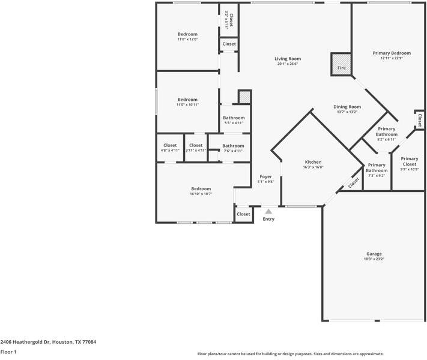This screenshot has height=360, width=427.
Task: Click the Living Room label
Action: [x=286, y=59]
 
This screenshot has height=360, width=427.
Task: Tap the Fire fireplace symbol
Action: [x=341, y=64]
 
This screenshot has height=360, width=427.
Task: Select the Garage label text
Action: [x=374, y=254]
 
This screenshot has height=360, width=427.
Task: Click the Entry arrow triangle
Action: [x=268, y=211]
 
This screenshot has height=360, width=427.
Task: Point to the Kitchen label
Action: [x=313, y=162]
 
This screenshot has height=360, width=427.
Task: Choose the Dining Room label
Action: [x=347, y=107]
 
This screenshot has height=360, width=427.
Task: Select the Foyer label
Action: [x=265, y=177]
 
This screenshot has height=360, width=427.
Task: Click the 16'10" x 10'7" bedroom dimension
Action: [x=201, y=194]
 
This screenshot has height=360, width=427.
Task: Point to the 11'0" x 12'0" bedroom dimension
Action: [x=187, y=40]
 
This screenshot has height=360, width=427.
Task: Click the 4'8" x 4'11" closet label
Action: [x=170, y=151]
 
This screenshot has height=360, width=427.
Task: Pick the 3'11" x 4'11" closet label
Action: [x=196, y=151]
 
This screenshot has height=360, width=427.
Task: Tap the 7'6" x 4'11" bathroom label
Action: [x=233, y=151]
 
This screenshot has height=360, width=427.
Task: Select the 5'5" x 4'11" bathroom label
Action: [x=234, y=123]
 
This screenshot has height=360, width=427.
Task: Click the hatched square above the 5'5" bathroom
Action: [x=244, y=97]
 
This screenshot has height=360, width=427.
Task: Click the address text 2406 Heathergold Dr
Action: [x=48, y=342]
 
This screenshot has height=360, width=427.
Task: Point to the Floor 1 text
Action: [x=8, y=352]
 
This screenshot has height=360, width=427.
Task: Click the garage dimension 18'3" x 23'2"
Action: [x=374, y=259]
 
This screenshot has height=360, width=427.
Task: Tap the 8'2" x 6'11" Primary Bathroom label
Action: [x=387, y=139]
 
